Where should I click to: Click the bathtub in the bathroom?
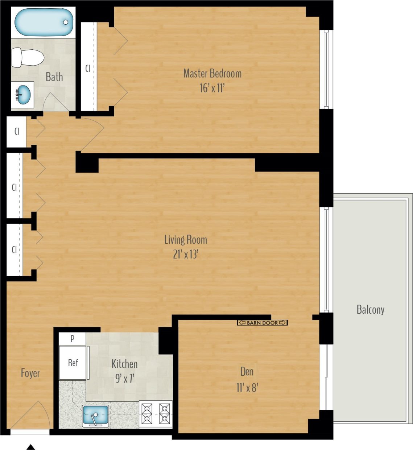44,22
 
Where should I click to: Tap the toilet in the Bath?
28,58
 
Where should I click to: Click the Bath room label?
54,77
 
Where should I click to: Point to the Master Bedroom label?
212,74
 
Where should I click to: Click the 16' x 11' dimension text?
212,88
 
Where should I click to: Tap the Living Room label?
186,240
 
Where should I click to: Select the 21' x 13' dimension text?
186,255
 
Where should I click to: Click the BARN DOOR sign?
262,323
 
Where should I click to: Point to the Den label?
247,372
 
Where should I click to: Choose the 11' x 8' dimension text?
247,388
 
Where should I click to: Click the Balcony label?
370,310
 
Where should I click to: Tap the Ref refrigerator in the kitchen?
73,363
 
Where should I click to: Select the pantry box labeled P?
73,339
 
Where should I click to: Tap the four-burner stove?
156,414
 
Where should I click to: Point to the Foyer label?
30,373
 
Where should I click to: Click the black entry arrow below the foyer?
31,447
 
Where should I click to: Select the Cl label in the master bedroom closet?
87,68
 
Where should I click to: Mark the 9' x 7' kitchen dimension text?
124,379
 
